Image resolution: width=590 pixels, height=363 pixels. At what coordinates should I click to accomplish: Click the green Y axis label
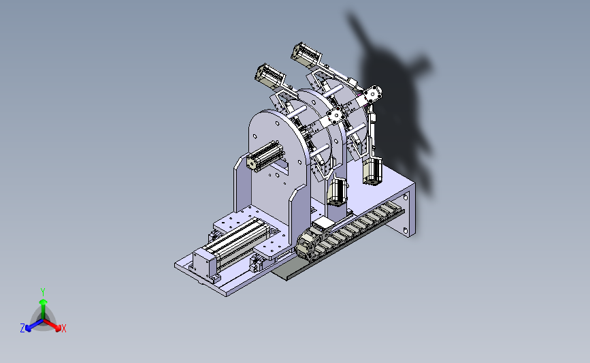coord(42,292)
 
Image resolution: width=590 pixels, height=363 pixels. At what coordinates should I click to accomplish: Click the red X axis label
coord(63,328)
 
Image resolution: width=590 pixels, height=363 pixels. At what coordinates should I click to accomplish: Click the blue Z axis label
coord(22,328)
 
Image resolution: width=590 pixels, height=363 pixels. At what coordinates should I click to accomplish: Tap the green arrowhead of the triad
coord(43,302)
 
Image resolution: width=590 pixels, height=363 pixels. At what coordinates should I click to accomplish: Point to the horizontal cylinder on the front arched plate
coord(265,156)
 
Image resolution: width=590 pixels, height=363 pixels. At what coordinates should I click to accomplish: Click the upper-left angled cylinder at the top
coord(269,76)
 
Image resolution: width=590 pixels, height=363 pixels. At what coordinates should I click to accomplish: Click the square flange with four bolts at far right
coord(373,93)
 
